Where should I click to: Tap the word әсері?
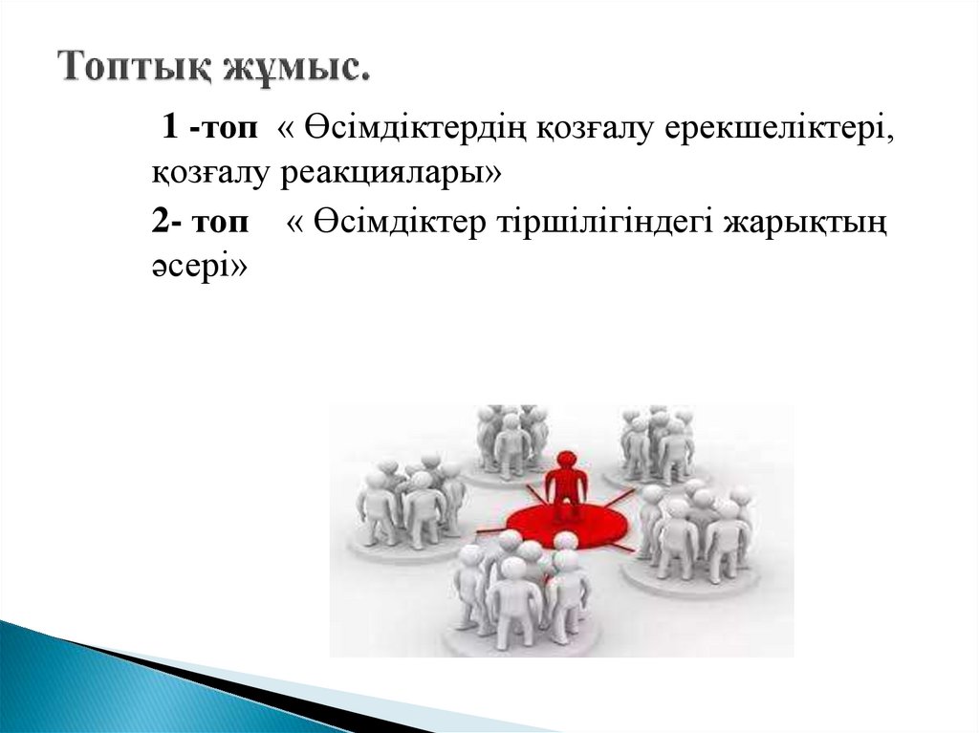pyautogui.click(x=196, y=269)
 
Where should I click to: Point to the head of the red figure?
pyautogui.click(x=566, y=460)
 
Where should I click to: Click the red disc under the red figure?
pyautogui.click(x=564, y=527)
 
